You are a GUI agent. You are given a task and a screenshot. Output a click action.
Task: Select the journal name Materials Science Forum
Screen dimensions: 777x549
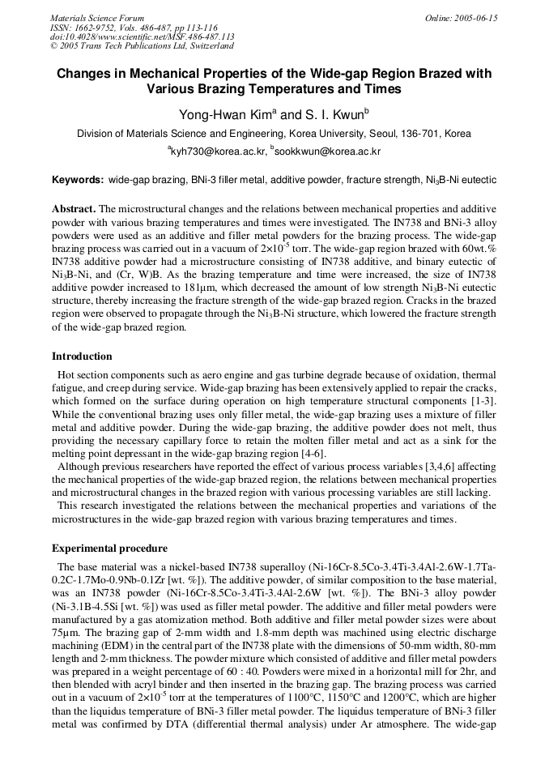97,17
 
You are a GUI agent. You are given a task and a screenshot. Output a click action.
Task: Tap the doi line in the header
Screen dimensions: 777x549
142,36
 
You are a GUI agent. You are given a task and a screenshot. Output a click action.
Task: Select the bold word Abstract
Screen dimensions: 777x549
74,208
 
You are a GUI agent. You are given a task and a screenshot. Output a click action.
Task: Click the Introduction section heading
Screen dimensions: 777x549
82,356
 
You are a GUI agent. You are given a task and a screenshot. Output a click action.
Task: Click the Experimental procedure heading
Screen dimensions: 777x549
109,549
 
